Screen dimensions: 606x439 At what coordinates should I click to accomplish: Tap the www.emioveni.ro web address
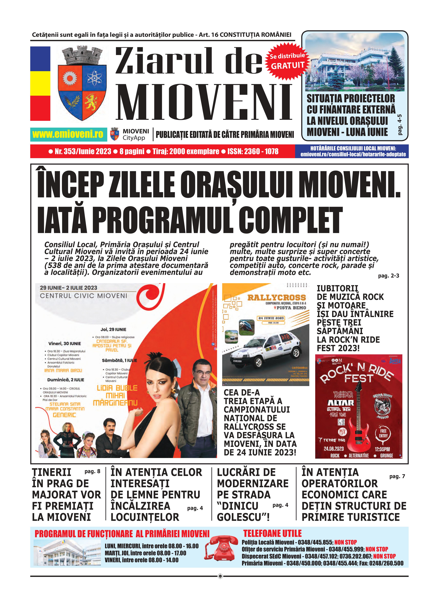[68, 134]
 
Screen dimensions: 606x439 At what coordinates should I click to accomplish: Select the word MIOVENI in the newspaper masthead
[204, 102]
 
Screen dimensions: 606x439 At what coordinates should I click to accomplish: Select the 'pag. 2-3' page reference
[388, 276]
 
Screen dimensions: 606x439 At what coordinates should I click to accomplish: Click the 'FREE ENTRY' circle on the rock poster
[383, 433]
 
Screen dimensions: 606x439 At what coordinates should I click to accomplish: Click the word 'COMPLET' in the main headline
[290, 221]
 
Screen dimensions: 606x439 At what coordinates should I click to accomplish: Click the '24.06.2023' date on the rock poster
[334, 449]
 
